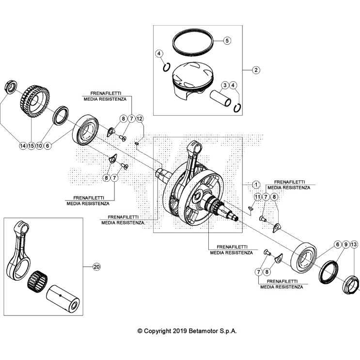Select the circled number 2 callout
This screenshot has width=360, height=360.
256,69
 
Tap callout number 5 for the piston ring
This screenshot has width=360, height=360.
227,40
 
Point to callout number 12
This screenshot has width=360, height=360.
140,118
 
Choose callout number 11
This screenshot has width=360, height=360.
257,197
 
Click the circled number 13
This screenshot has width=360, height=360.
355,245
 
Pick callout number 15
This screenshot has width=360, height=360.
31,145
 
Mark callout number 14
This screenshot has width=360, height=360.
22,145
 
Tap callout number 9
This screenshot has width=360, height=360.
346,245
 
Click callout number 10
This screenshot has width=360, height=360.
39,145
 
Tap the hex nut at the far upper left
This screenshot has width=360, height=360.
10,88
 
